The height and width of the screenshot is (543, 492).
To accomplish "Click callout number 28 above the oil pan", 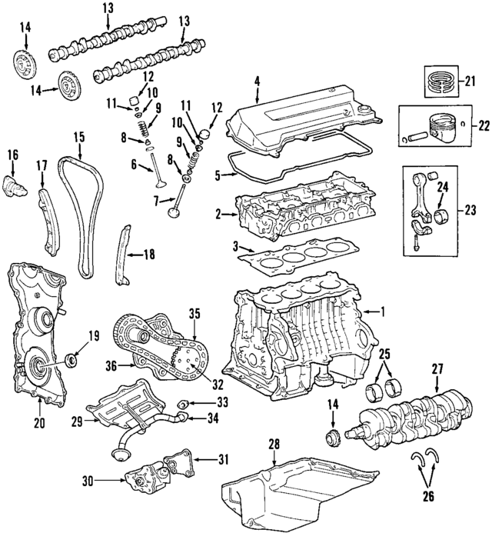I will pos(272,445).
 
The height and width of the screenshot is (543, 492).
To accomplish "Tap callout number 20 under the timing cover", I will pos(40,422).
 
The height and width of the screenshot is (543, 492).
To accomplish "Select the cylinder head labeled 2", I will pos(284,212).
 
